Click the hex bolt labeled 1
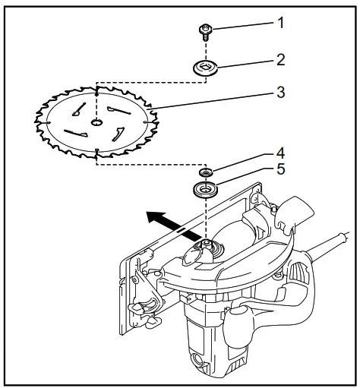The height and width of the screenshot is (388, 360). tap(206, 31)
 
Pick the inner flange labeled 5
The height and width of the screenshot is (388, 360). tap(205, 188)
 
